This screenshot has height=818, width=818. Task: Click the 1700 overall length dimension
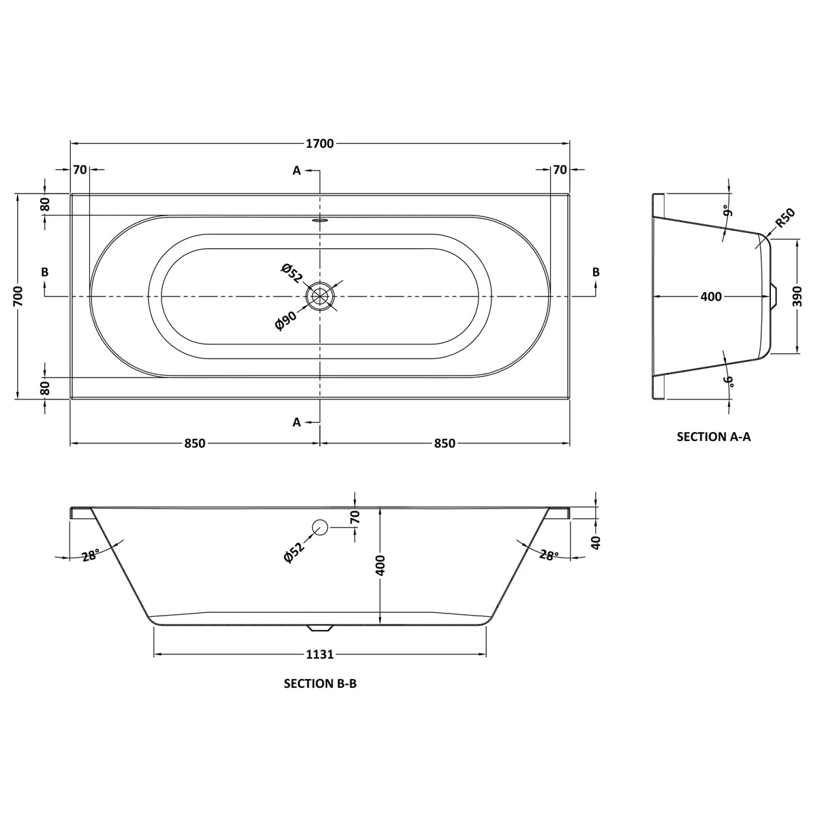point(320,144)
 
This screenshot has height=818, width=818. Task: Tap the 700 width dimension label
point(18,296)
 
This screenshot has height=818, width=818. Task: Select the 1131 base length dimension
point(320,654)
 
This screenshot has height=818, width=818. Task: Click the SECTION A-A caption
point(714,437)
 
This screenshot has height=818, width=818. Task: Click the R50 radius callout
point(785,219)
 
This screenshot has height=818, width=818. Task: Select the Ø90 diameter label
point(285,320)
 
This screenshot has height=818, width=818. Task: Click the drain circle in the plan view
point(320,296)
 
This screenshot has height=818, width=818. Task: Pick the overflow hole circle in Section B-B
point(320,527)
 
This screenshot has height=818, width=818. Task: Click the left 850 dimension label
point(195,444)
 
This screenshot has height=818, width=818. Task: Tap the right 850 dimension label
point(445,444)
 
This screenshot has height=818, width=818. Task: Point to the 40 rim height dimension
point(596,543)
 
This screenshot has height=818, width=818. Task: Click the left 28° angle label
point(91,555)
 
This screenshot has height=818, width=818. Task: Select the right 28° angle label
point(549,555)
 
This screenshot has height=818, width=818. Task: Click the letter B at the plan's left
point(44,272)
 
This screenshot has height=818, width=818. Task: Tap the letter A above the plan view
point(297,170)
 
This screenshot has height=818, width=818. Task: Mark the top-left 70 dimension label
point(80,170)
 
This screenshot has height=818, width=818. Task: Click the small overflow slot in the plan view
point(320,220)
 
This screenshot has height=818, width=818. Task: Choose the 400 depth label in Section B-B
point(380,565)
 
